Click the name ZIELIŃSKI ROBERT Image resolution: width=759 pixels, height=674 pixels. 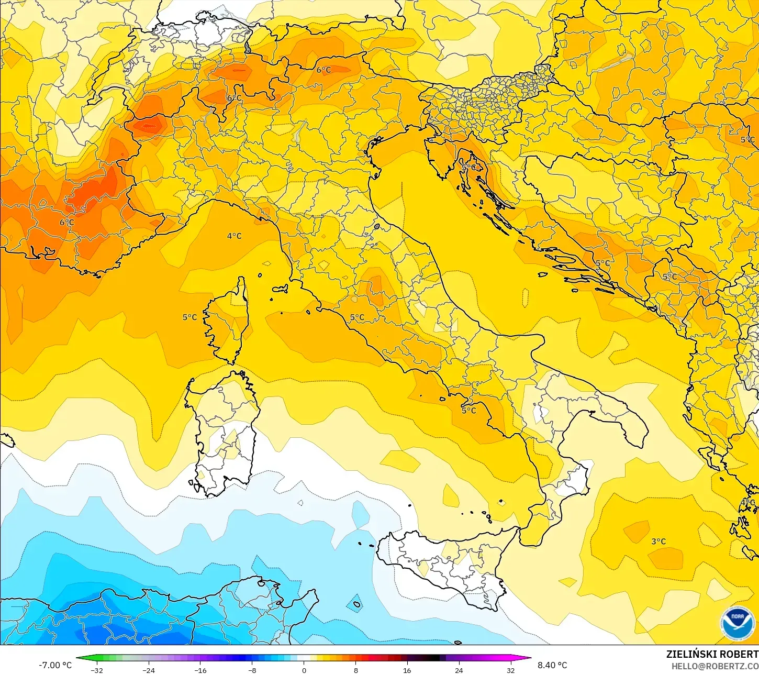point(712,654)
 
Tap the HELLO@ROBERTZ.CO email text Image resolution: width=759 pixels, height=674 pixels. point(715,666)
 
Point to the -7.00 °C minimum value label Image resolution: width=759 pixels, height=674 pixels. point(55,665)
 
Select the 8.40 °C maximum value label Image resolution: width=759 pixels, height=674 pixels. point(552,665)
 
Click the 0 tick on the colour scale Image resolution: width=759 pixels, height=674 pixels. point(304,670)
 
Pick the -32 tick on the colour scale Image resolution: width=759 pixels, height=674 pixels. point(97,670)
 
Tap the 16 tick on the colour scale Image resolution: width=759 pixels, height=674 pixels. point(407,670)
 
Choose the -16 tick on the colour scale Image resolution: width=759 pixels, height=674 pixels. point(200,670)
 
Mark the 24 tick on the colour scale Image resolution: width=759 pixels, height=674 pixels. point(459,670)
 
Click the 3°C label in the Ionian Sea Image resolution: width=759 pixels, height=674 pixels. point(658,541)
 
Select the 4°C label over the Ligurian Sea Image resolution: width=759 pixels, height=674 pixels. point(234,236)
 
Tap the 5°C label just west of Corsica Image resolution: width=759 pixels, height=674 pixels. point(189,317)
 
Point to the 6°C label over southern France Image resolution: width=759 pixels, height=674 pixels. point(66,223)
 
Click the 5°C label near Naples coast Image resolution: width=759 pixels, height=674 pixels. point(468,411)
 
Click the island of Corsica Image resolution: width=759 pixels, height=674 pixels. point(229,325)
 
